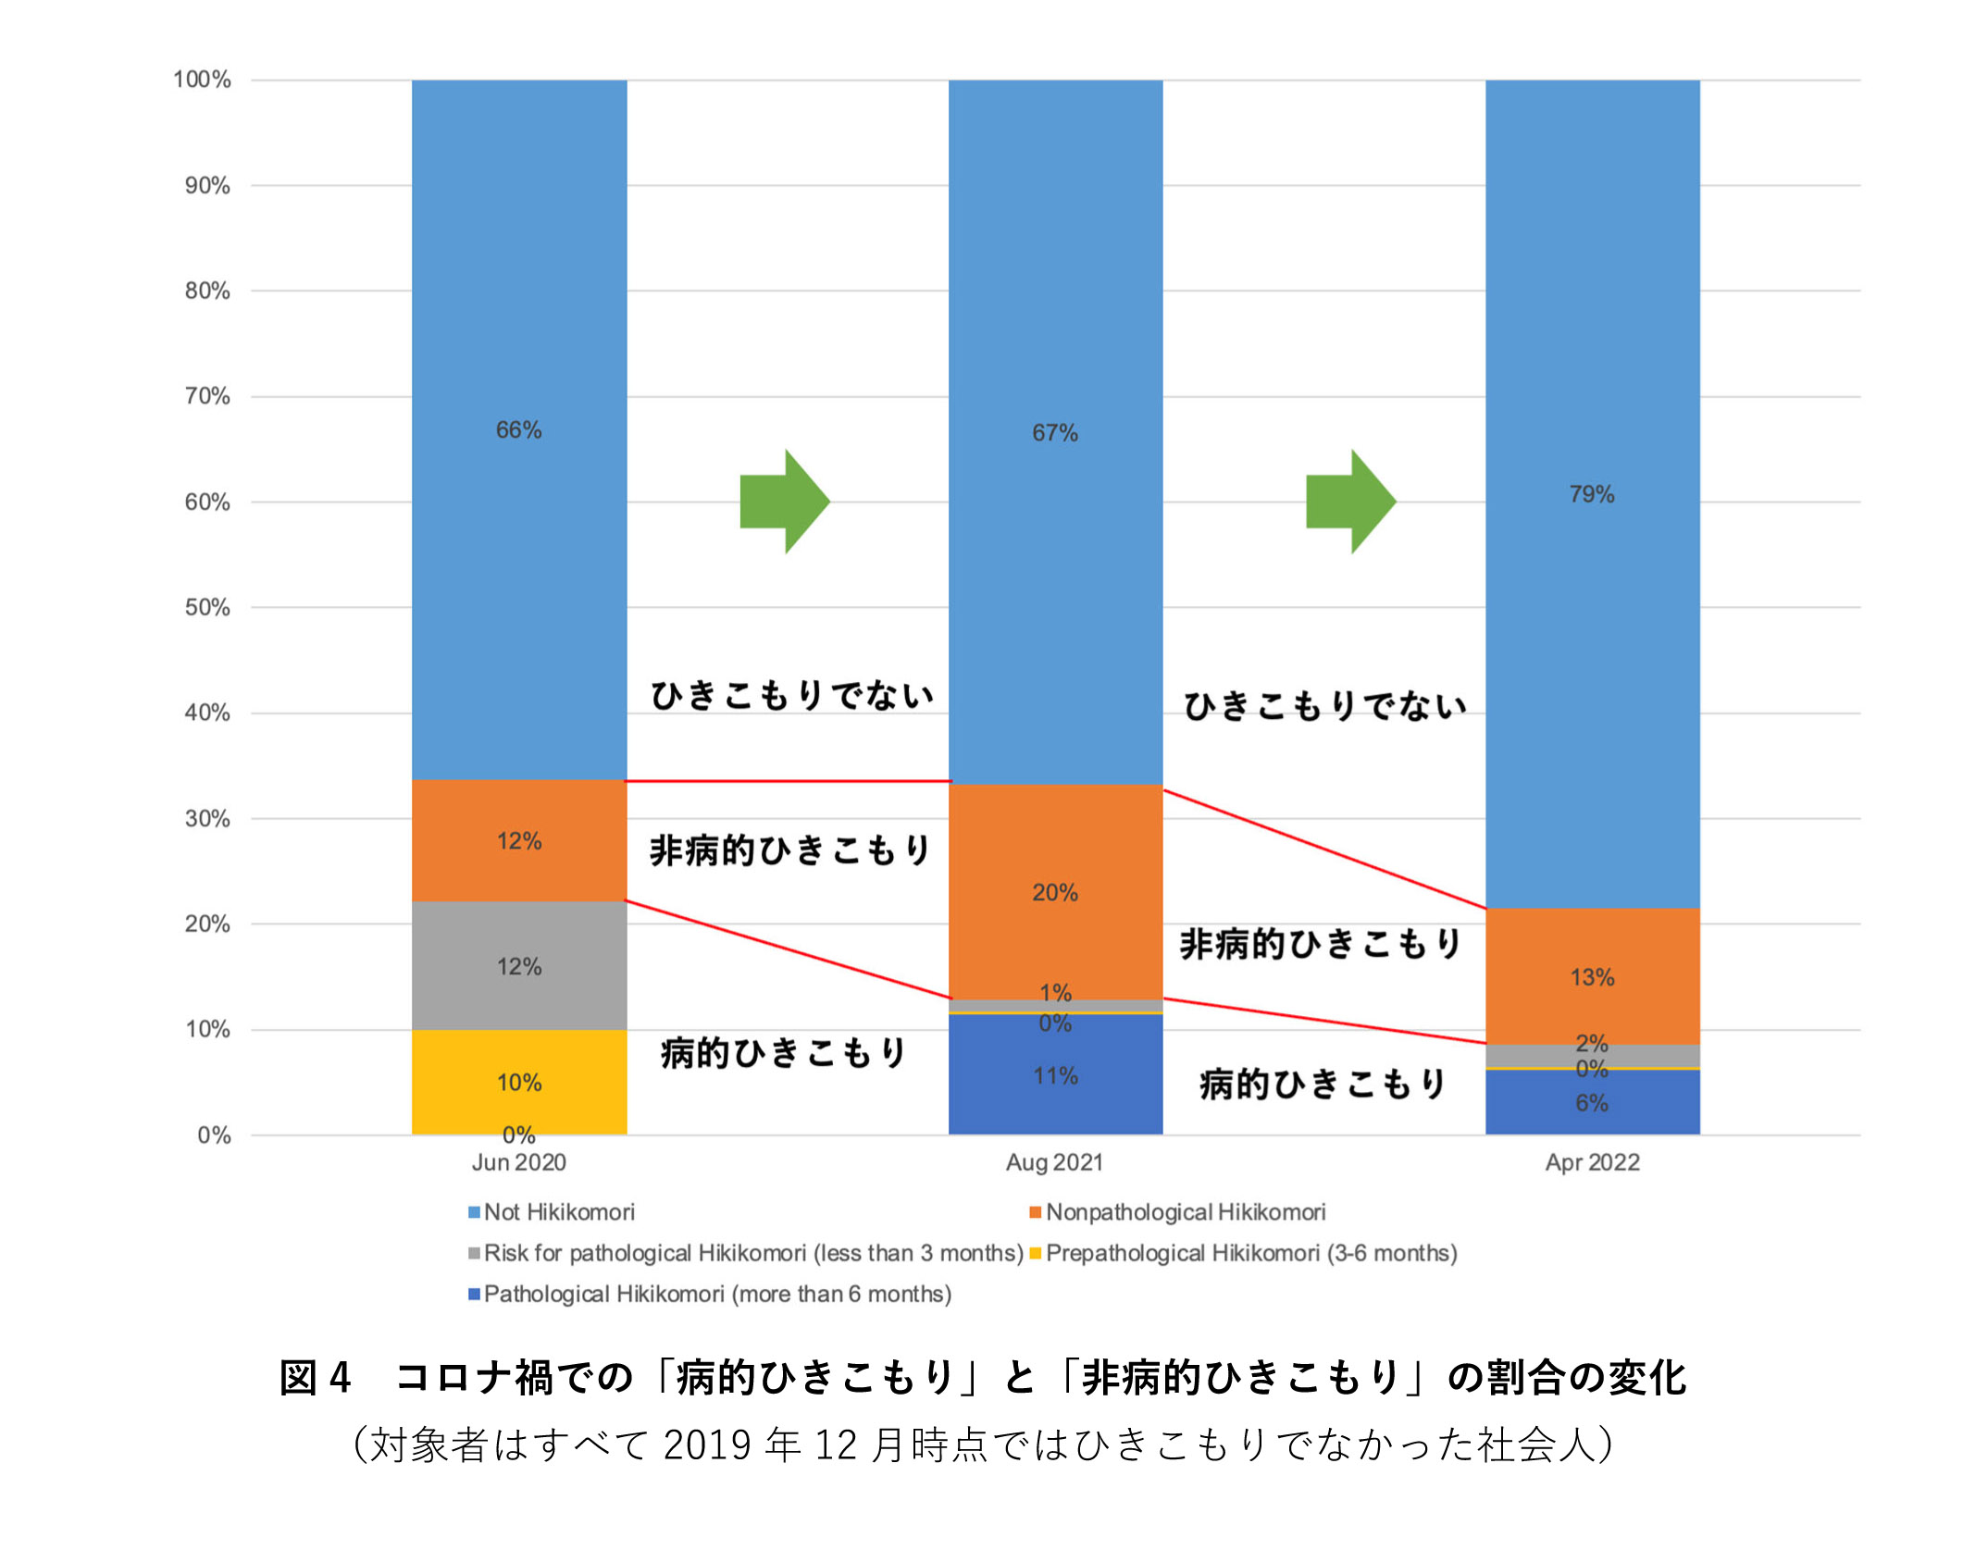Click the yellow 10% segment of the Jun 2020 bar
pyautogui.click(x=518, y=1064)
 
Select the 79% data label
pyautogui.click(x=1592, y=494)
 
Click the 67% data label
pyautogui.click(x=1055, y=432)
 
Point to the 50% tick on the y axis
pyautogui.click(x=207, y=607)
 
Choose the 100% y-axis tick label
pyautogui.click(x=202, y=80)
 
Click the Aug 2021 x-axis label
pyautogui.click(x=1055, y=1162)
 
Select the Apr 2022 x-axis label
pyautogui.click(x=1592, y=1162)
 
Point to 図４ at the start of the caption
pyautogui.click(x=315, y=1377)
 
